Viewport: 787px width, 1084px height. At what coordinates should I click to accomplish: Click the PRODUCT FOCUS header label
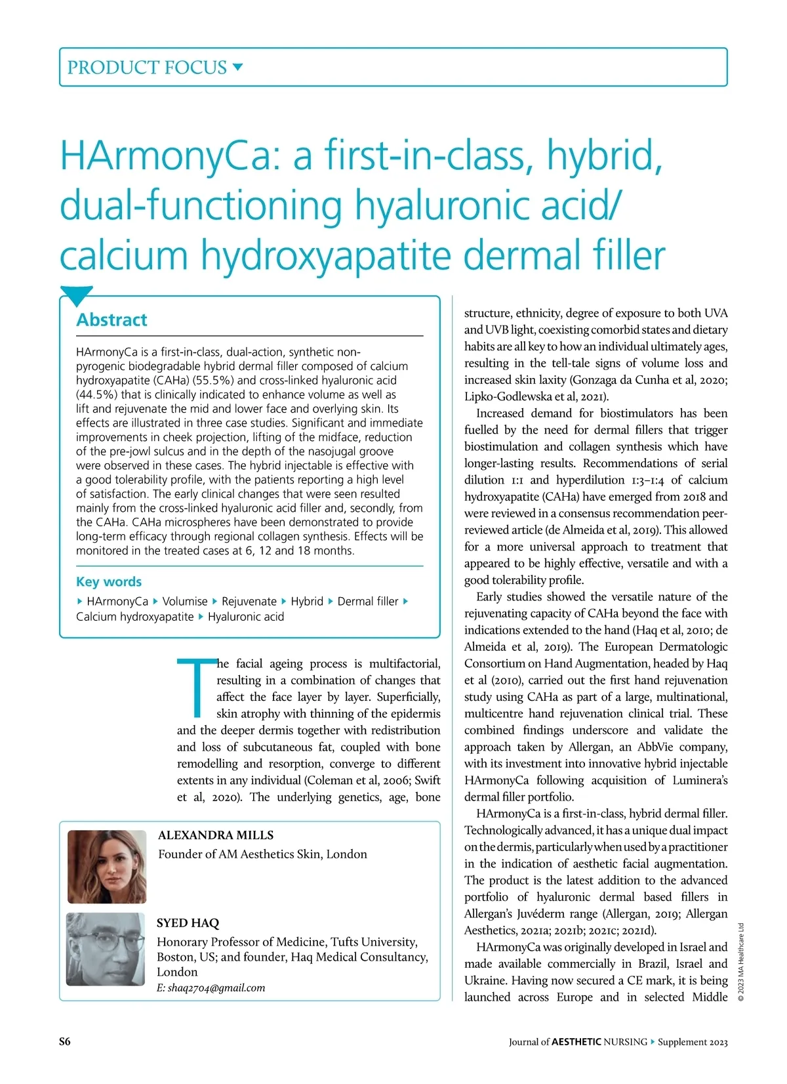(147, 68)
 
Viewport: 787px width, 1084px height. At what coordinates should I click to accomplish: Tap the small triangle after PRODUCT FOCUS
(238, 66)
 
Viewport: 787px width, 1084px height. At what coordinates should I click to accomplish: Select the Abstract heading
(111, 320)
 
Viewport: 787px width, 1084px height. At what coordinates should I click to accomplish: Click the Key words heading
(109, 581)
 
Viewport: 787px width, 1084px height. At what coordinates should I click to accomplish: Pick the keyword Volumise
(185, 601)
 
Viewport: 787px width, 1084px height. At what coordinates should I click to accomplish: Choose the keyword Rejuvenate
(249, 601)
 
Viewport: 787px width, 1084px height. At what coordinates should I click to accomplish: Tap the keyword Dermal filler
(368, 601)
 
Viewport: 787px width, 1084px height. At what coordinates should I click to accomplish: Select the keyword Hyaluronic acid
(246, 617)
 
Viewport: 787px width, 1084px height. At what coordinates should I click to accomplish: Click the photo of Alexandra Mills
(107, 866)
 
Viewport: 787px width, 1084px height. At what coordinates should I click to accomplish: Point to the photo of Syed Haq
(106, 949)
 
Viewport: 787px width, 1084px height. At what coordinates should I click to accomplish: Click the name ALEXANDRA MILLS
(216, 835)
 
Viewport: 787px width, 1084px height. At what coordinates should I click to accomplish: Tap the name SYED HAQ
(188, 923)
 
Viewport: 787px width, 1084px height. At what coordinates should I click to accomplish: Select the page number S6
(65, 1042)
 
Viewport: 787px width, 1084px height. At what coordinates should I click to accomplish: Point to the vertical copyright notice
(740, 961)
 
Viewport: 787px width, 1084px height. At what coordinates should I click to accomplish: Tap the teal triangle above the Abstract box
(76, 295)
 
